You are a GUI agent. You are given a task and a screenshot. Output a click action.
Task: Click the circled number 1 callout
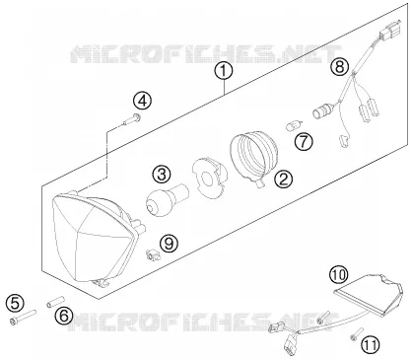click(x=224, y=71)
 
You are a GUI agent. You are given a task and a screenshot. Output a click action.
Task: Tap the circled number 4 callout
click(x=143, y=101)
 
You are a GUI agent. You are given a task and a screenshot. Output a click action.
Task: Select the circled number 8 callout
click(x=339, y=67)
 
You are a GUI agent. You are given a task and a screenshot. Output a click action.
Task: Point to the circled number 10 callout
click(x=339, y=274)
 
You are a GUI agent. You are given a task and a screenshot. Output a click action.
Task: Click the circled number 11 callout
click(x=371, y=345)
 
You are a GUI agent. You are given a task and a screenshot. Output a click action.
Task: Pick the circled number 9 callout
click(x=169, y=244)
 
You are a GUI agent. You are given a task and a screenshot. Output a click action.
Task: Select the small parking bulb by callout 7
click(x=292, y=126)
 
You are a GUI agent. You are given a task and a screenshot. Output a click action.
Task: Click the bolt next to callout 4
click(x=131, y=119)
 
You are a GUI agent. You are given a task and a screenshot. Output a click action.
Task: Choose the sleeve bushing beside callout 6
click(x=54, y=302)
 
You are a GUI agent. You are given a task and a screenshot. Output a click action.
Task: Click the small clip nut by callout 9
click(x=153, y=255)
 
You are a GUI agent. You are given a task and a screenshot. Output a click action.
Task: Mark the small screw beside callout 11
click(x=357, y=333)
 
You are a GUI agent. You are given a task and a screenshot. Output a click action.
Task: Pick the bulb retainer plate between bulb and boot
click(x=209, y=178)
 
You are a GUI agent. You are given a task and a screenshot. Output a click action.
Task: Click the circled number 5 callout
click(x=15, y=303)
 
